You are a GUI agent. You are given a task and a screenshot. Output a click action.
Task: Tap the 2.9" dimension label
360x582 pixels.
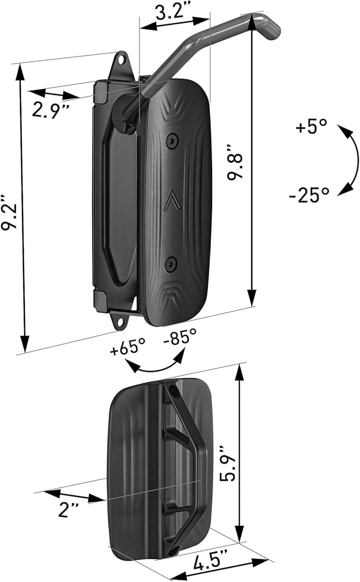tap(51, 111)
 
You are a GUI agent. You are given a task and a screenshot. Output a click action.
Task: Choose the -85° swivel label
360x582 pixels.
tap(180, 337)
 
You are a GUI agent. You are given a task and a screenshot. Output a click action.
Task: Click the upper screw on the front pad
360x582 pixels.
tap(171, 140)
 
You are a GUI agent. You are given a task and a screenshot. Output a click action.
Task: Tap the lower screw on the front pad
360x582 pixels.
tap(170, 262)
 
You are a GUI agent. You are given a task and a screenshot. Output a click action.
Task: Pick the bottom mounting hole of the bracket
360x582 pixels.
tap(125, 320)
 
